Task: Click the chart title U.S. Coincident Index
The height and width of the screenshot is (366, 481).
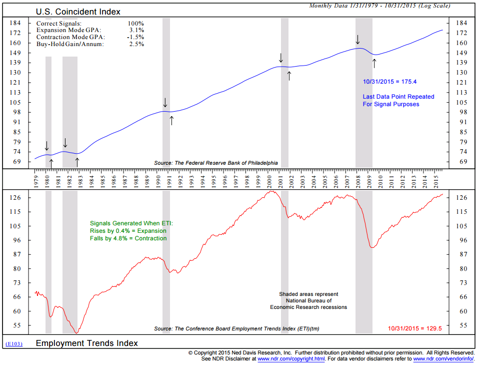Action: tap(78, 12)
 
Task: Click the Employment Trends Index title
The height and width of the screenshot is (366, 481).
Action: tap(86, 343)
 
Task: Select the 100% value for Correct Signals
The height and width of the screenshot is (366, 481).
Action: tap(135, 24)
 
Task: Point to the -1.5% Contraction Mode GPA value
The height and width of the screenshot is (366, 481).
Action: tap(135, 37)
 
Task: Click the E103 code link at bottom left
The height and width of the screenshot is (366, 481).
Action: tap(13, 344)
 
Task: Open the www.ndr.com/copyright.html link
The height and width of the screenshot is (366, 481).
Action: tap(291, 359)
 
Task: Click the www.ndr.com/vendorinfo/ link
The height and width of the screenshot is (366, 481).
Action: tap(443, 359)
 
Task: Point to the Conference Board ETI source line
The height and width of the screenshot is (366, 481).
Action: tap(236, 329)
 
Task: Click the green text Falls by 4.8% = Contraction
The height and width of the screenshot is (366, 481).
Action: tap(128, 238)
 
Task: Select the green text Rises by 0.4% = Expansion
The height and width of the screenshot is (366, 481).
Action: tap(128, 231)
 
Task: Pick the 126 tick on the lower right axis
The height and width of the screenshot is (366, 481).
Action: tap(462, 198)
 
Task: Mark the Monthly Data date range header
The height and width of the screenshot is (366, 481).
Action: tap(379, 6)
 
